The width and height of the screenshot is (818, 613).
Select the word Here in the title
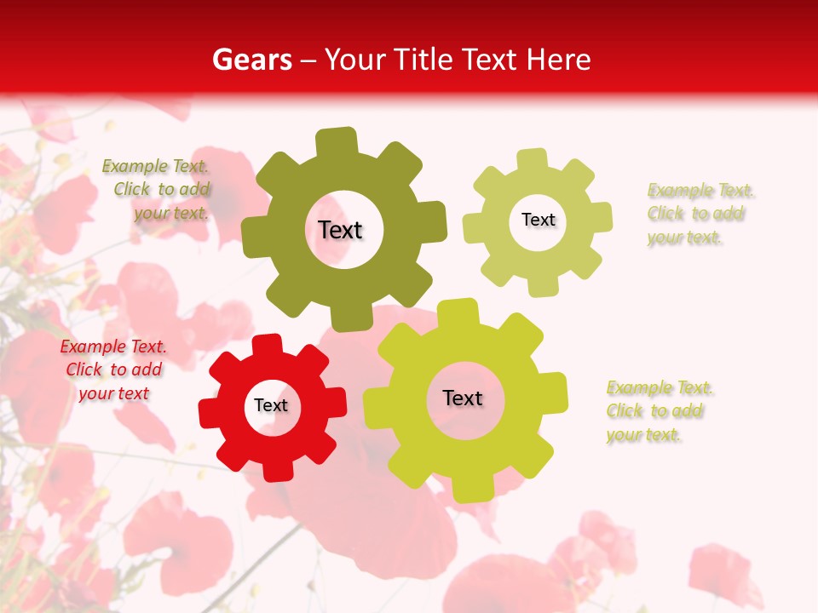pos(559,60)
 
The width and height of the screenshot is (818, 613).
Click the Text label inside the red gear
pos(271,406)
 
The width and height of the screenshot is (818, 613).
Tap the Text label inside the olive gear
pos(340,230)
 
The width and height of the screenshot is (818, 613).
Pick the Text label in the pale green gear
pos(538,220)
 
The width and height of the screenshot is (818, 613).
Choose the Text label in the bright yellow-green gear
pos(463,398)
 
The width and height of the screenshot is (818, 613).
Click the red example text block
pos(112,370)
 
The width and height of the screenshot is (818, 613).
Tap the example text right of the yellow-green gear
pos(659,411)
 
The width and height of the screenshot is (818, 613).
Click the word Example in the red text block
pos(92,347)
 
